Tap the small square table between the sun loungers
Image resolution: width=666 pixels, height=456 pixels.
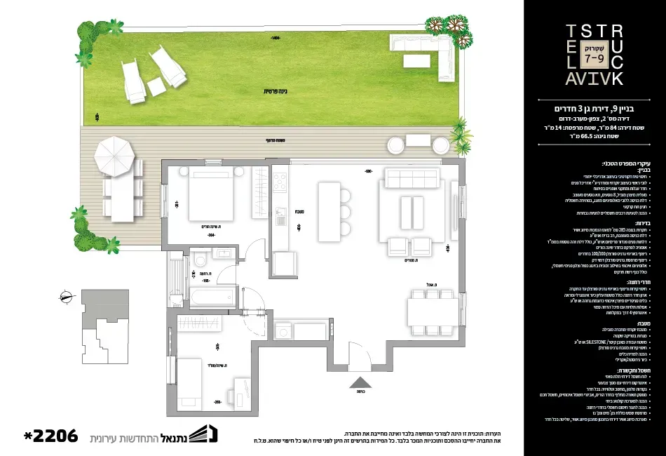click(x=156, y=87)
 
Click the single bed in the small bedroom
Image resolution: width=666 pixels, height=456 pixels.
click(x=189, y=384)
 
